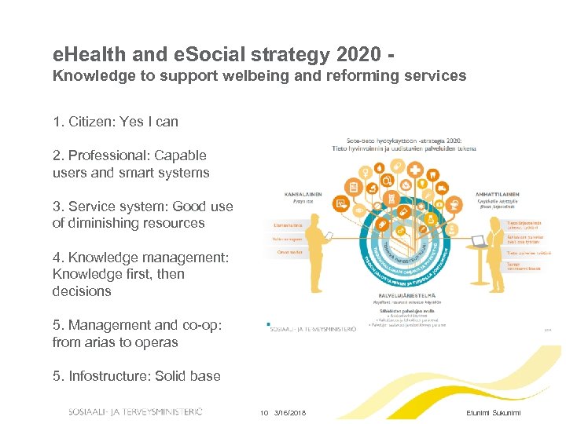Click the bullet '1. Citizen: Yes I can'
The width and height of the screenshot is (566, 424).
[116, 122]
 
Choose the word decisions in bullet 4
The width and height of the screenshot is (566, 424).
[82, 291]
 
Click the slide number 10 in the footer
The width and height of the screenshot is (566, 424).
[264, 413]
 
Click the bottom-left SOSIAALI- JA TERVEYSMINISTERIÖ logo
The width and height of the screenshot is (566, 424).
[135, 411]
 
